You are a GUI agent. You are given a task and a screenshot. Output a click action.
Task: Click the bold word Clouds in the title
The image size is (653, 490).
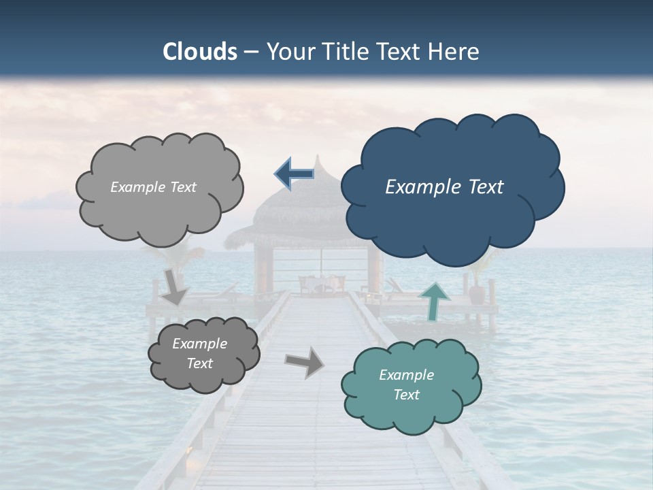[199, 52]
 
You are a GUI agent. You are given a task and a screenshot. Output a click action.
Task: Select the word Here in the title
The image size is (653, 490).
[454, 52]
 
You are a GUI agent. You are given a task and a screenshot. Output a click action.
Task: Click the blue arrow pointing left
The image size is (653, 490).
[295, 175]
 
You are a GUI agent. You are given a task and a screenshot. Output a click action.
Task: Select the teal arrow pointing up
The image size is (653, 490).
[434, 300]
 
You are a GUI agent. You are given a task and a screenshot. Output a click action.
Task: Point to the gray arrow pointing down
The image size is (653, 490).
[175, 286]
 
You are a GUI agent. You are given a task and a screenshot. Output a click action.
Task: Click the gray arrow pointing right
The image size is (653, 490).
[305, 362]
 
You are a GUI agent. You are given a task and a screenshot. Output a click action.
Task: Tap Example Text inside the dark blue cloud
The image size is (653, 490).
[444, 187]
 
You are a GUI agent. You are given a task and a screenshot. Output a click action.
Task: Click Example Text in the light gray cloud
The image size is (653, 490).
[153, 187]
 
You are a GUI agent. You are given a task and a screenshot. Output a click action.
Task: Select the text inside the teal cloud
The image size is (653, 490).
[406, 385]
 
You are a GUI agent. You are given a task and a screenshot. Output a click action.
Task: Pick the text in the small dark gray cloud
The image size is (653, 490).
[199, 354]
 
